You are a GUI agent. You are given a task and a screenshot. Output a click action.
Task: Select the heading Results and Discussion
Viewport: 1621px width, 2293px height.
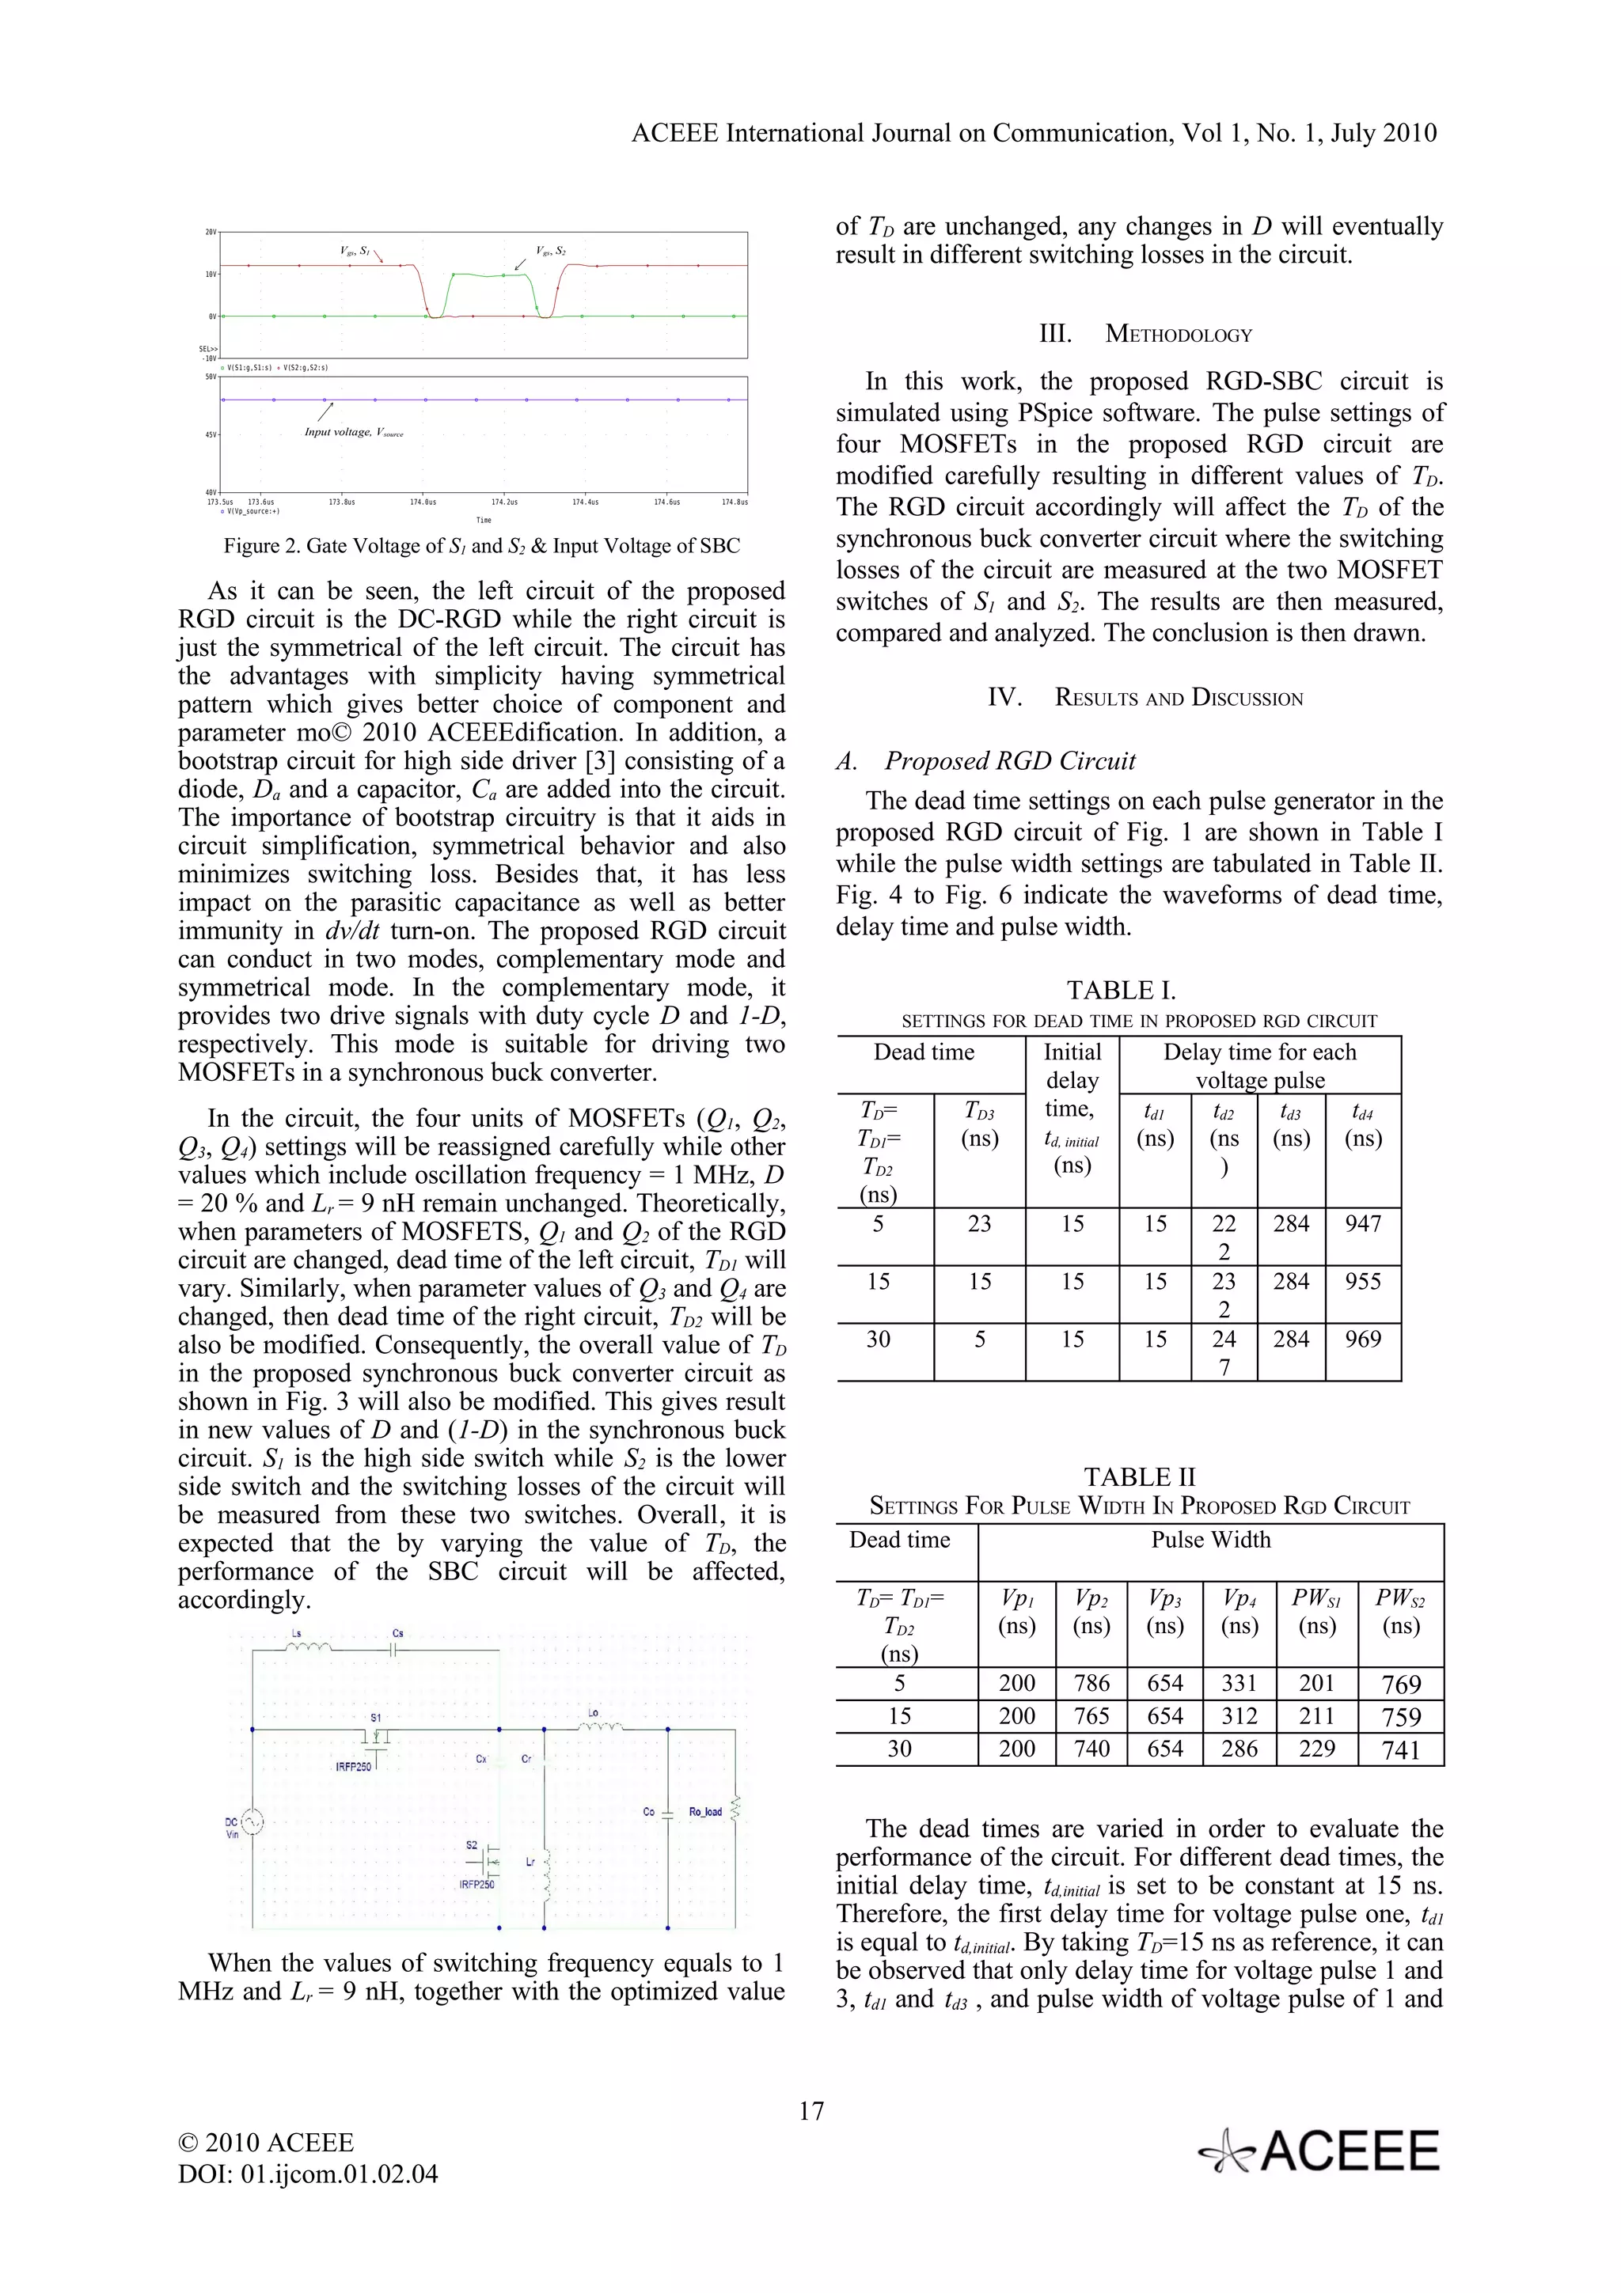tap(1145, 697)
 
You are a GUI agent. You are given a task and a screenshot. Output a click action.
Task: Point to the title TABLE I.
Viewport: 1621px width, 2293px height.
tap(1121, 990)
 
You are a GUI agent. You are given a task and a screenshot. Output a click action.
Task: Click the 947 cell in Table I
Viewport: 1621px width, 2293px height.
tap(1362, 1224)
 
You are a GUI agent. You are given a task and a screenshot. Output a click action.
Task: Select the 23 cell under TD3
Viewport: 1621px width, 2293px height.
tap(979, 1224)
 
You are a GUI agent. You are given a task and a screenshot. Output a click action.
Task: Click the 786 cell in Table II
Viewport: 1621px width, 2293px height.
tap(1091, 1684)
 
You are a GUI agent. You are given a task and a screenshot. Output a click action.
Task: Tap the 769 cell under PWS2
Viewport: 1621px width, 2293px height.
tap(1400, 1685)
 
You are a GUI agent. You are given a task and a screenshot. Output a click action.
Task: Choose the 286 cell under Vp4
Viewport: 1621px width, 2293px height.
tap(1239, 1749)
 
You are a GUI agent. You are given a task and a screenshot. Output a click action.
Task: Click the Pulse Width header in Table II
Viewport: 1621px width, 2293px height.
tap(1210, 1540)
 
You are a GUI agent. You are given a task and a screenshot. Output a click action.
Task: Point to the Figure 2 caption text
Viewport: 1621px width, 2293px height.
tap(481, 545)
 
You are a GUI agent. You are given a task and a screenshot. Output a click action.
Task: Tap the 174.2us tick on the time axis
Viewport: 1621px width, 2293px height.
tap(503, 502)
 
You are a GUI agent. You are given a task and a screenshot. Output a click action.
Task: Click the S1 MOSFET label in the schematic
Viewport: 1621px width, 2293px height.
tap(375, 1718)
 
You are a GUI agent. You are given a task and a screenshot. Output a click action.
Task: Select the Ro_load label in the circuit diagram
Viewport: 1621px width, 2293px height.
tap(705, 1812)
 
